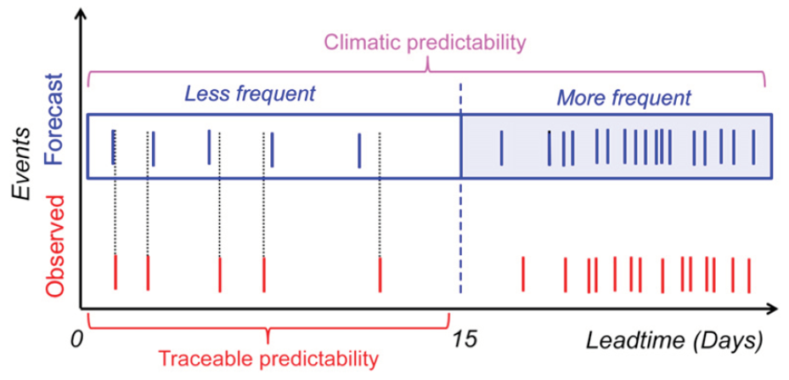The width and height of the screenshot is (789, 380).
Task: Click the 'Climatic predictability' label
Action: [425, 43]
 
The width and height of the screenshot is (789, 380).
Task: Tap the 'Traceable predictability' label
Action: [268, 359]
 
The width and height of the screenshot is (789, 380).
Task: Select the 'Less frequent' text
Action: [250, 94]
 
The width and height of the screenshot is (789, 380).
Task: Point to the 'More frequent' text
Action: [625, 98]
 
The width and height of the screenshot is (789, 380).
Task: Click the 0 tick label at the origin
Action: [76, 340]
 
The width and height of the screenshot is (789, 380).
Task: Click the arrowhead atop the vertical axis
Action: [78, 16]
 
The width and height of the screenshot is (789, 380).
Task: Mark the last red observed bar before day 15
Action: [380, 275]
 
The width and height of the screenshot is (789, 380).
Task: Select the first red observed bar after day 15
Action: [523, 275]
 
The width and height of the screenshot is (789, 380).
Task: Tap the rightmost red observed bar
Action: [749, 275]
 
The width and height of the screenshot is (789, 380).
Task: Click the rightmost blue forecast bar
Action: [753, 147]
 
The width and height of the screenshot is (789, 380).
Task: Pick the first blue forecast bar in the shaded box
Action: [501, 147]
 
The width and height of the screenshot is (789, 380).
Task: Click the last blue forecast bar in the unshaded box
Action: [359, 150]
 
